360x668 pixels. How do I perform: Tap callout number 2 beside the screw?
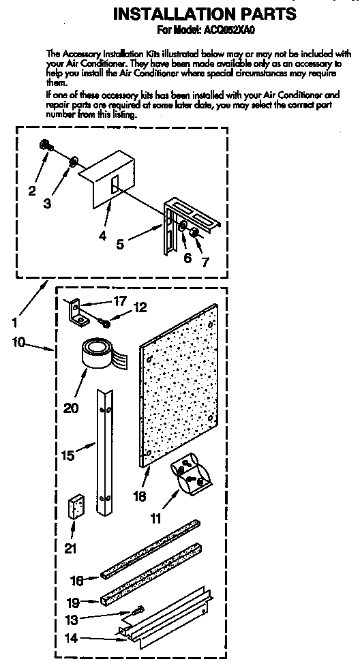coord(32,191)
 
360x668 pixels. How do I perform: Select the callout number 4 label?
coord(102,235)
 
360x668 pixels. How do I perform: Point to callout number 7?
coord(205,262)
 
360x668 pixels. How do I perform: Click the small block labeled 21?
coord(76,506)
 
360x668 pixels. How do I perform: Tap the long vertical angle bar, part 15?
coord(104,451)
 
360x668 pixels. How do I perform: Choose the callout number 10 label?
coord(18,342)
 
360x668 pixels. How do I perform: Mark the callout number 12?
coord(140,307)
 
